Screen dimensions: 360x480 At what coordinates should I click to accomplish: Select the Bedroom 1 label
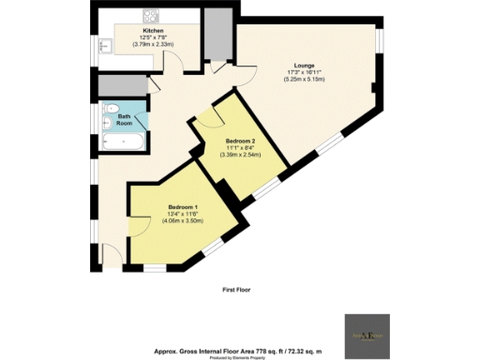(183, 206)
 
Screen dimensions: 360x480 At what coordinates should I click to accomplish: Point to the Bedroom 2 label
(241, 140)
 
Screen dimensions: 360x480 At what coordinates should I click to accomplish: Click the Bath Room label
(124, 120)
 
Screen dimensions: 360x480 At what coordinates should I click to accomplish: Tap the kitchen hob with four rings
(150, 17)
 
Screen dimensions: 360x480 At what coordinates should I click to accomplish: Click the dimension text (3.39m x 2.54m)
(241, 154)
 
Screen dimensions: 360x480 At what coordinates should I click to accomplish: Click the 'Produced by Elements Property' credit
(239, 357)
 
